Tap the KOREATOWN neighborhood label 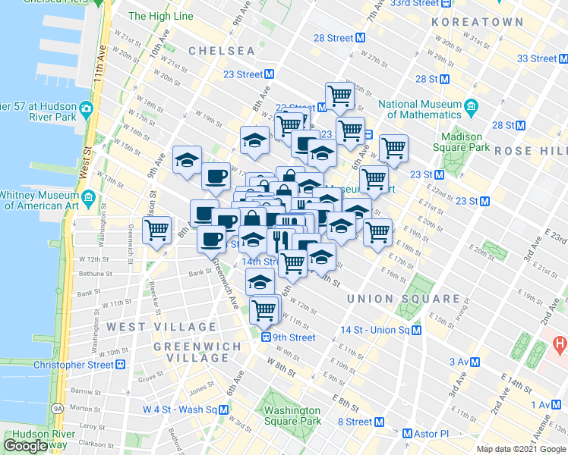tap(478, 23)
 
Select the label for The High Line tap(161, 15)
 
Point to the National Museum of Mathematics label tap(420, 109)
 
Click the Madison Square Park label tap(458, 142)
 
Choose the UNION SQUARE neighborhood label tap(402, 300)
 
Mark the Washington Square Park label tap(292, 416)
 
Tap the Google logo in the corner tap(26, 446)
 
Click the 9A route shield tap(58, 408)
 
